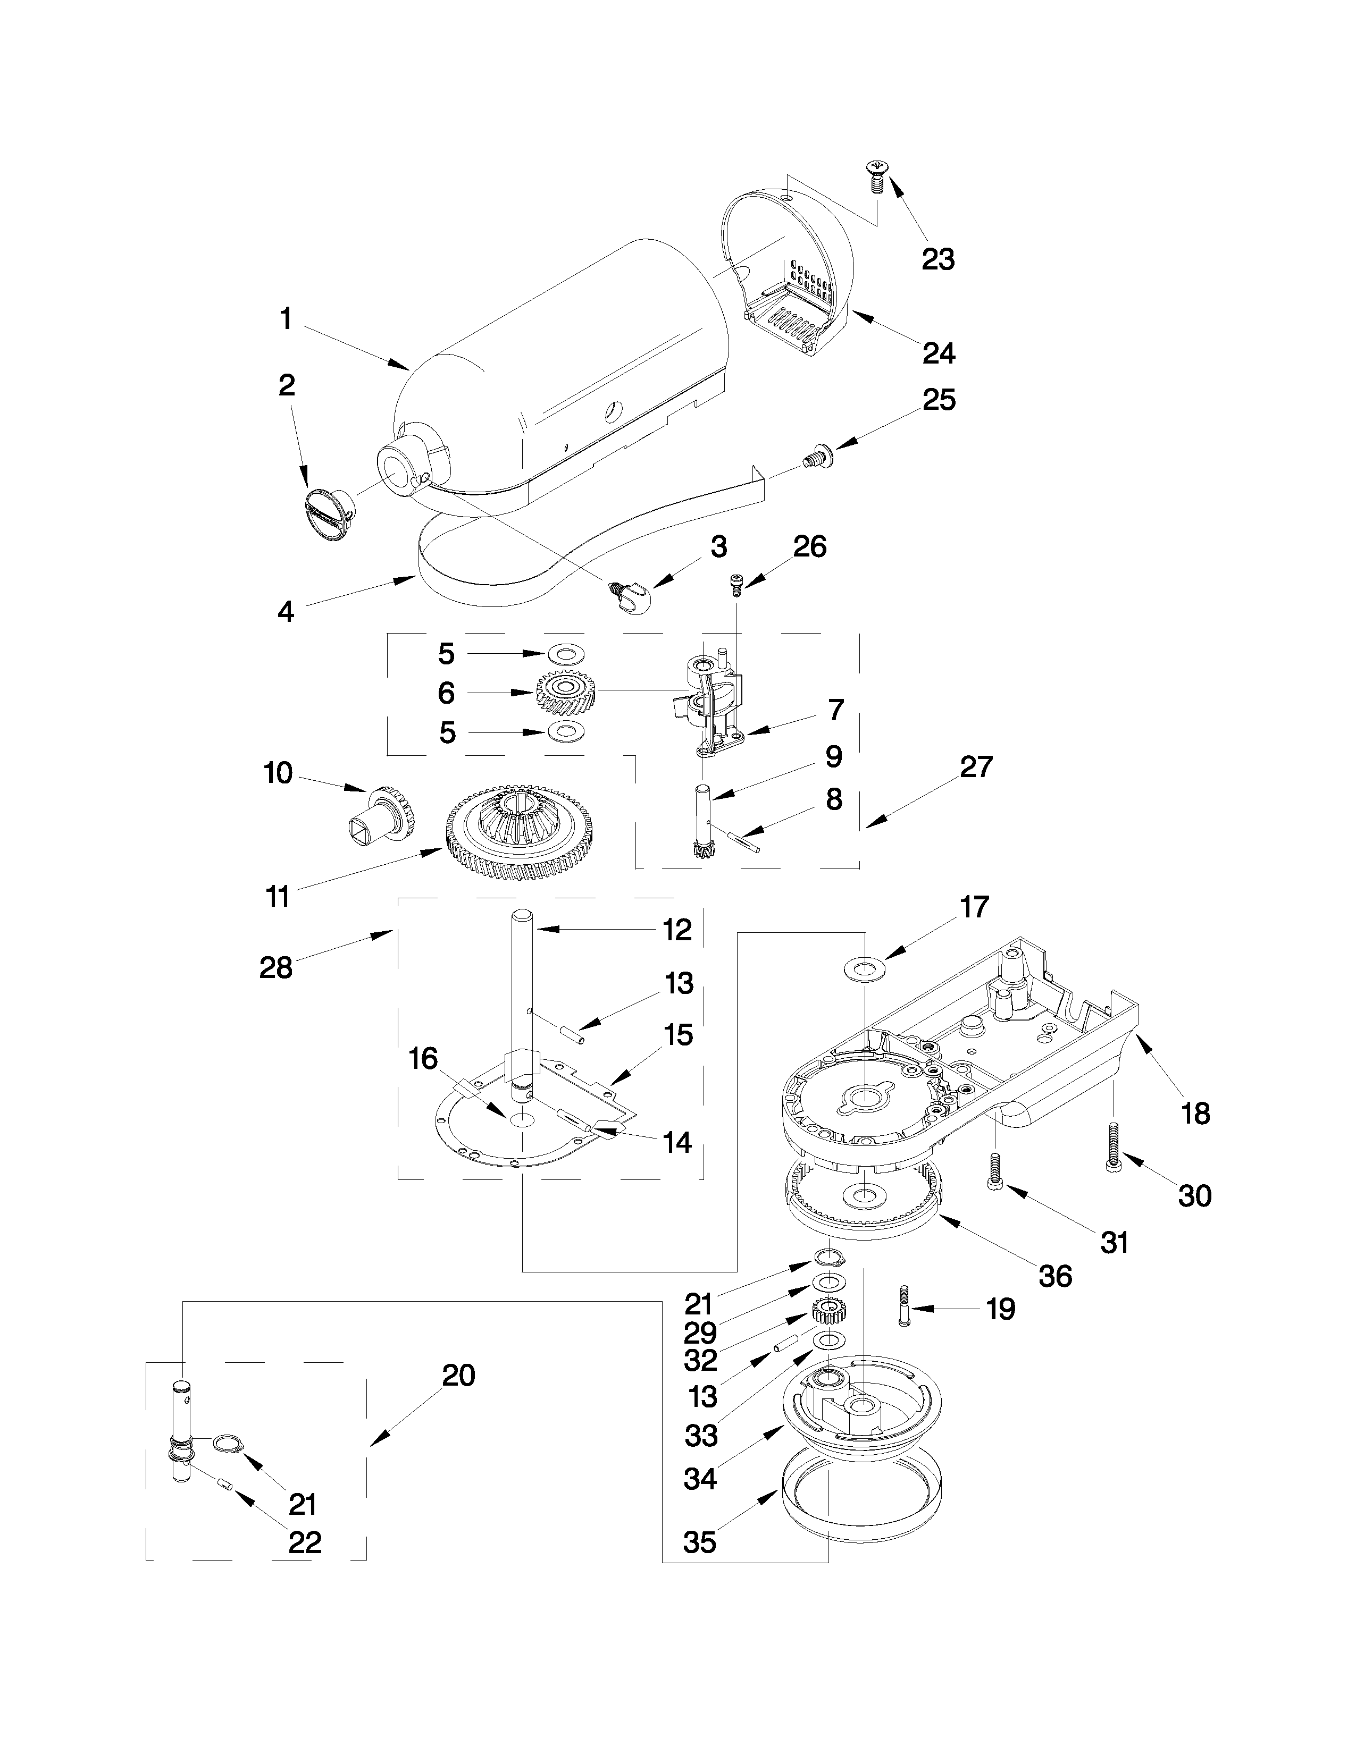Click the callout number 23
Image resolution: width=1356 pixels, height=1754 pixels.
coord(938,259)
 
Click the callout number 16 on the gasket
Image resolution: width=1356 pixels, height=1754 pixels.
coord(423,1058)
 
